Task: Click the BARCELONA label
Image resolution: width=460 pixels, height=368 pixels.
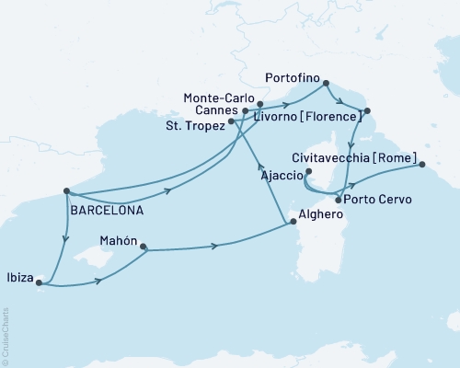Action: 106,210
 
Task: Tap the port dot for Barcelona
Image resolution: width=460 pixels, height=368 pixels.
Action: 67,192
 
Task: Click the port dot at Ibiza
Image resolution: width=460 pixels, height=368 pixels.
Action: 39,283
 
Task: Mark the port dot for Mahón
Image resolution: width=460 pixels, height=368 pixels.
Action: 143,247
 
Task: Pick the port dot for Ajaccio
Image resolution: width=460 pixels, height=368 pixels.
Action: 309,171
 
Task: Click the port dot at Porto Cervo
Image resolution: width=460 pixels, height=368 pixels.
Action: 339,200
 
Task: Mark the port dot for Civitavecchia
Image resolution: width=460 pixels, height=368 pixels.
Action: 422,166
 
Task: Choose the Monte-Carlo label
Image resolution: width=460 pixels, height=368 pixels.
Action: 218,97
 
